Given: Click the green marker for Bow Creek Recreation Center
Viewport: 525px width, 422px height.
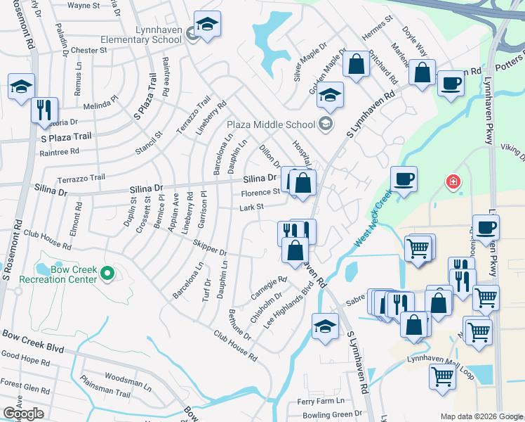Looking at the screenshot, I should (107, 273).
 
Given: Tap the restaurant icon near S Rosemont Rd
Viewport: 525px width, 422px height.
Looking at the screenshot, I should (44, 110).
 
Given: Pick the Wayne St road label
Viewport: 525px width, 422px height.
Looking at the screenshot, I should (84, 5).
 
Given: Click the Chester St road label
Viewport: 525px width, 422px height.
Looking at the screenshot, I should (88, 51).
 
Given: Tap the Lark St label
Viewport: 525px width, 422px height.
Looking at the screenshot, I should (251, 207).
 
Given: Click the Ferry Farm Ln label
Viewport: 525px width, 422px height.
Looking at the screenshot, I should (320, 401).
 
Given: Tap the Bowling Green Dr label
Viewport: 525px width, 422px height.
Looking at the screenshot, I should (333, 415).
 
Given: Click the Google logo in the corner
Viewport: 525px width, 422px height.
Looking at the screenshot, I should (24, 414).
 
